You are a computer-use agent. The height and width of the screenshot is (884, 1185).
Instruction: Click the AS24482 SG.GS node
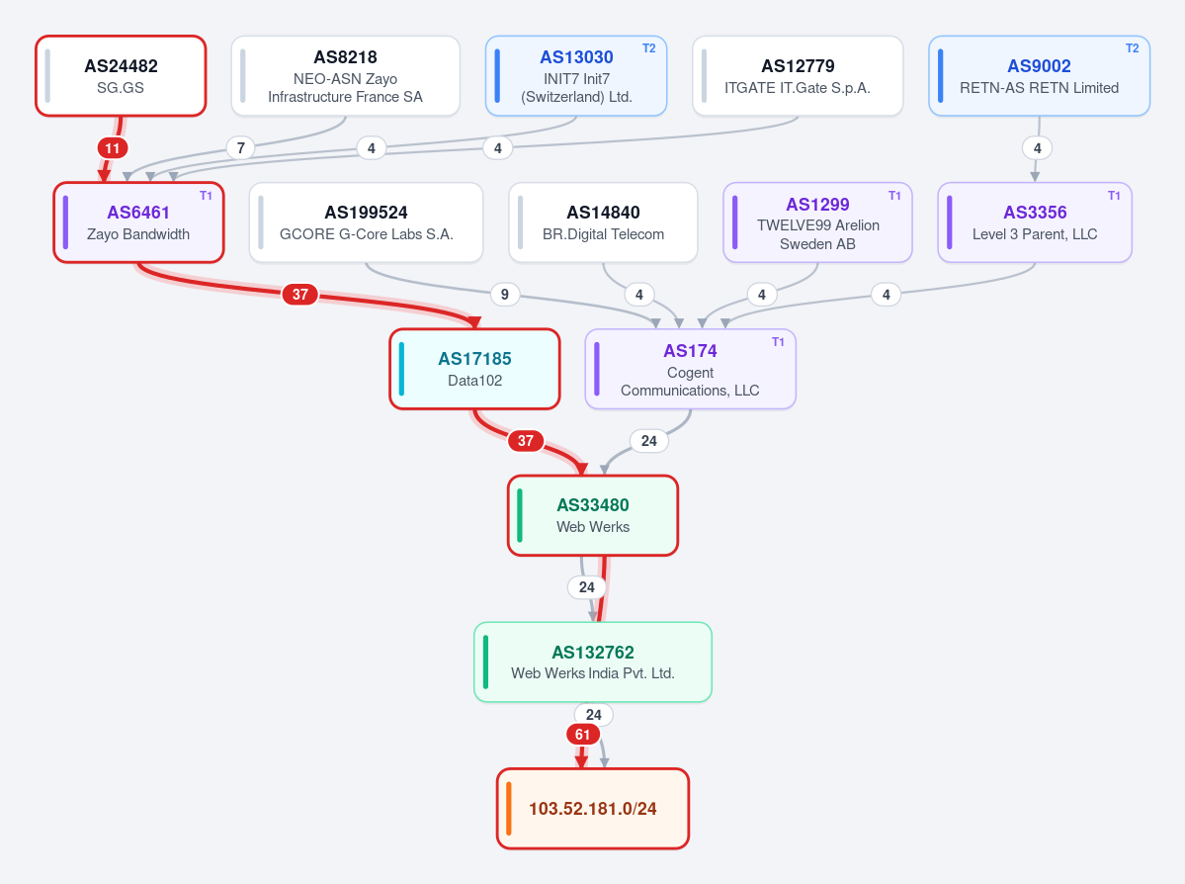pos(121,75)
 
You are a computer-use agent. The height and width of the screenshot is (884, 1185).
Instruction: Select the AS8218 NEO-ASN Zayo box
pos(345,75)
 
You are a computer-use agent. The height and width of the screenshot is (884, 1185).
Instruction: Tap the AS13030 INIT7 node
pos(576,75)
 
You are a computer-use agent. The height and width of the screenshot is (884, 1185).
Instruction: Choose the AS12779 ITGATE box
pos(798,75)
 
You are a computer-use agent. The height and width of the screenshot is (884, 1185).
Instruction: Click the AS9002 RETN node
pos(1039,75)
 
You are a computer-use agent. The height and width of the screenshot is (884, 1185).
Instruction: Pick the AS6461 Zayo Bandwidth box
pos(138,222)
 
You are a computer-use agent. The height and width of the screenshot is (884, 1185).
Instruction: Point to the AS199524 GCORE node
pos(366,222)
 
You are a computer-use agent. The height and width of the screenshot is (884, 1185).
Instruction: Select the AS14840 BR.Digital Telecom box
pos(603,222)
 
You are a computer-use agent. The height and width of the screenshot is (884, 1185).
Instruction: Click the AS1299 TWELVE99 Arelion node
pos(817,222)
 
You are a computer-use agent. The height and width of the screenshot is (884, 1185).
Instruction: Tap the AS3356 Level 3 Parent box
pos(1035,222)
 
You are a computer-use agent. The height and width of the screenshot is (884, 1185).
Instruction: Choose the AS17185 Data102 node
pos(474,369)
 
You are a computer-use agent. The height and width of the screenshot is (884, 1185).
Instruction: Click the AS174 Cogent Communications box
pos(690,369)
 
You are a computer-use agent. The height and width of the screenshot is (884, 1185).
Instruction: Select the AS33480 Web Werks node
pos(593,516)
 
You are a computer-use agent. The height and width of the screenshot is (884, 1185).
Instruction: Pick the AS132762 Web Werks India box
pos(593,662)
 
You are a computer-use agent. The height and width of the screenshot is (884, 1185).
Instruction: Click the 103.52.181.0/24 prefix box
pos(593,809)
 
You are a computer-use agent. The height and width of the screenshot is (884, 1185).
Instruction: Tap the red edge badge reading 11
pos(113,148)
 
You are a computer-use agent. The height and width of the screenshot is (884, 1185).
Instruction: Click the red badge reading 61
pos(583,735)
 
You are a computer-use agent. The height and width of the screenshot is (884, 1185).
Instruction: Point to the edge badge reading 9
pos(505,294)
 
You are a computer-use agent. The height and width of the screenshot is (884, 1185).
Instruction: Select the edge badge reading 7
pos(241,148)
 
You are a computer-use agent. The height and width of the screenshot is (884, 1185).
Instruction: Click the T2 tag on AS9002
pos(1132,48)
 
